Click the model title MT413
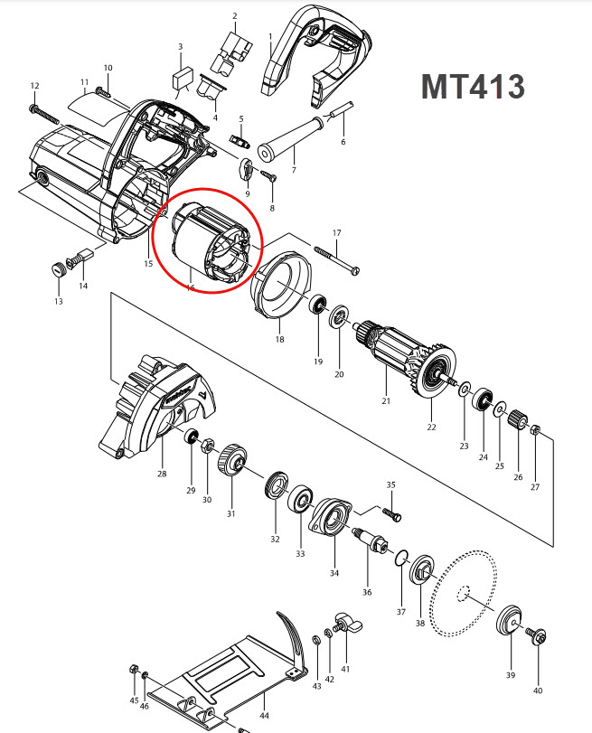[x=473, y=87]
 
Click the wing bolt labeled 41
[x=343, y=624]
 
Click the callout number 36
[x=367, y=592]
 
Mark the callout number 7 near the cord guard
[x=294, y=171]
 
